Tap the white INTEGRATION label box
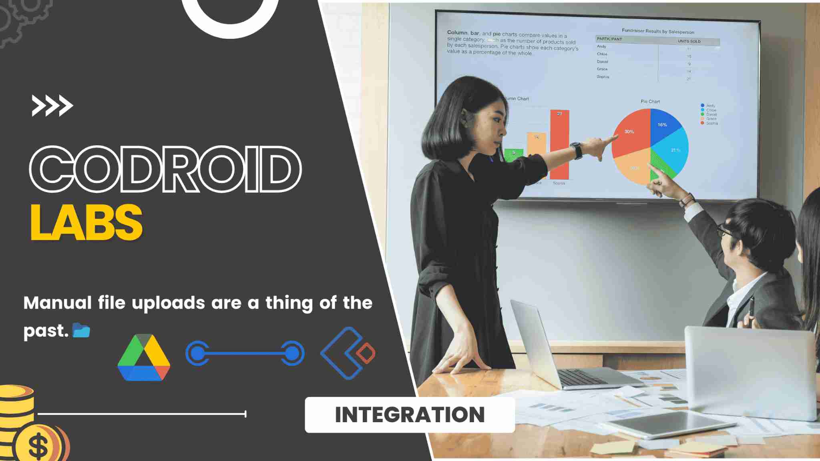tap(410, 415)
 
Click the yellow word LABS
tap(86, 222)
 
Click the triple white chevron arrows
tap(52, 106)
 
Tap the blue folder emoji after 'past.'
tap(81, 331)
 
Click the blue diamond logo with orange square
tap(348, 353)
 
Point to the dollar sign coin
tap(38, 445)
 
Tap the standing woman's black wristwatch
tap(577, 150)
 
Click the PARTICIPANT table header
tap(609, 39)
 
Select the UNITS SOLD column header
tap(689, 41)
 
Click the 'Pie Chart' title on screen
tap(650, 102)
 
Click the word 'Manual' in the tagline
tap(58, 303)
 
